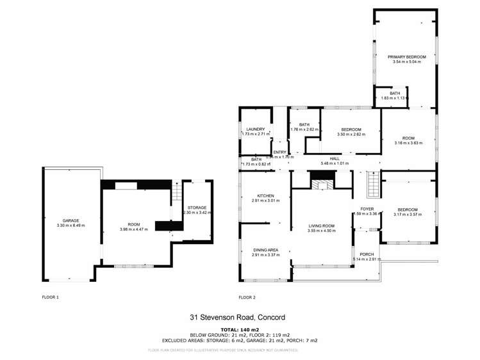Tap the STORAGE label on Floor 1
tap(196, 208)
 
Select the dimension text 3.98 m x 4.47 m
tap(134, 229)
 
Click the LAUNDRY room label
tap(255, 129)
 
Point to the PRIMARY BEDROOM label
tap(406, 58)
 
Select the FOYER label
tap(367, 208)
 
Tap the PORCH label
tap(367, 254)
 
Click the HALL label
tap(334, 159)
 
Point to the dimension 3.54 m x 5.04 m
tap(406, 63)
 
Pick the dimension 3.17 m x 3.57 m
tap(408, 215)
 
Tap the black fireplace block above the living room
tap(320, 184)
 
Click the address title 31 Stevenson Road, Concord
tap(237, 318)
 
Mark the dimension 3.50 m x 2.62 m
tap(351, 135)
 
